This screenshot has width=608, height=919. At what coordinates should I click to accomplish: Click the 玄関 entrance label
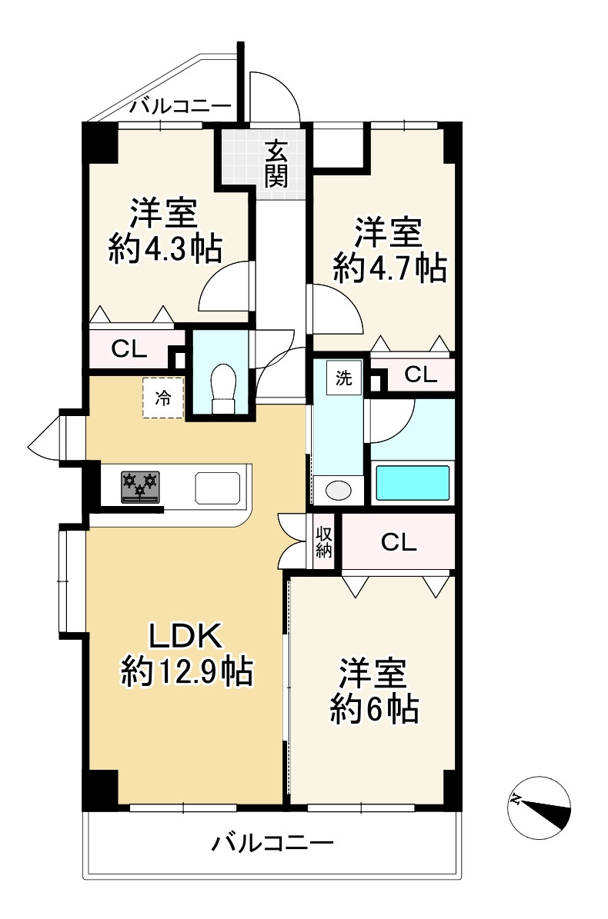click(x=277, y=163)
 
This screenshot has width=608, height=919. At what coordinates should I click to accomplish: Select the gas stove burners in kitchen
click(x=139, y=486)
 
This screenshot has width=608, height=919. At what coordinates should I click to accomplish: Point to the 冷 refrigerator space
click(x=163, y=398)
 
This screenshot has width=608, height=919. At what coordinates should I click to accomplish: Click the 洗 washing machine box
click(x=343, y=378)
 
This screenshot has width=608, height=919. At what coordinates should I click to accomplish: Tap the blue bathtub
click(x=412, y=483)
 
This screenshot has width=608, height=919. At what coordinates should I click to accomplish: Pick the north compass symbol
click(x=540, y=807)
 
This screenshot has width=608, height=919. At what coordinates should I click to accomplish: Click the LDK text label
click(x=185, y=638)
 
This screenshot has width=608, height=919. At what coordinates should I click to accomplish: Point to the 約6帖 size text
click(x=374, y=708)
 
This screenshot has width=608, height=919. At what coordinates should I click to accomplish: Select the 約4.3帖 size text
click(x=166, y=248)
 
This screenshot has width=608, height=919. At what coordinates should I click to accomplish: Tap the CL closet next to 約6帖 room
click(x=399, y=543)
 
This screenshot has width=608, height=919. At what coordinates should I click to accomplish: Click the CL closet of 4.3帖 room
click(x=129, y=349)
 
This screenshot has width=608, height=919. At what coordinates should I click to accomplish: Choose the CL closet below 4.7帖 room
click(x=420, y=375)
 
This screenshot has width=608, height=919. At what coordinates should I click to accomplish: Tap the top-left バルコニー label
click(x=180, y=106)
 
